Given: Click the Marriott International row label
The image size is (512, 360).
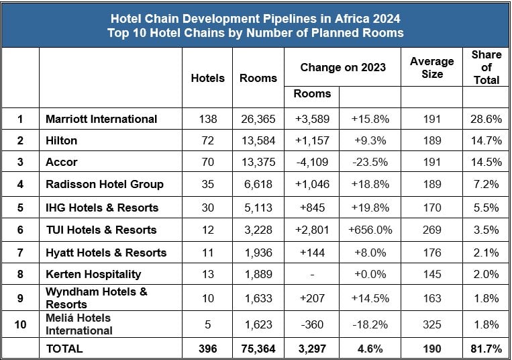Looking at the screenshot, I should (101, 119).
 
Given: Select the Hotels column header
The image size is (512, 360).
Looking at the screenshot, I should (207, 78).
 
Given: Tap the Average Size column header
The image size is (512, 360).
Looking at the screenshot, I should (431, 67).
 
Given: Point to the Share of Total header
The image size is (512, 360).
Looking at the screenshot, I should (486, 67).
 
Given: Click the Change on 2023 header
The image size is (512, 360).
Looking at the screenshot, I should (342, 67).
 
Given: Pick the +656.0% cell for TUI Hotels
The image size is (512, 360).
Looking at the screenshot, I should (370, 230).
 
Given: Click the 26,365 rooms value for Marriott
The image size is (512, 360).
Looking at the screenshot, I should (258, 119).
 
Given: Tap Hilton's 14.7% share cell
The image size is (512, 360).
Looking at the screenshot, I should (486, 140).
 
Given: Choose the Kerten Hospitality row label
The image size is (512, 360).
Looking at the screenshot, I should (93, 273).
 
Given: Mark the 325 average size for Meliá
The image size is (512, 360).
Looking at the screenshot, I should (431, 324).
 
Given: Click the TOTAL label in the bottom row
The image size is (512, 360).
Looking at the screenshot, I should (64, 349).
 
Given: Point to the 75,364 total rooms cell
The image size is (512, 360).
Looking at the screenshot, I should (258, 349).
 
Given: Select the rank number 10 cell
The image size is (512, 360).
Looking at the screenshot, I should (20, 324).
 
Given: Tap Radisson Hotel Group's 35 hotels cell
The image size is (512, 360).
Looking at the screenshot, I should (207, 184).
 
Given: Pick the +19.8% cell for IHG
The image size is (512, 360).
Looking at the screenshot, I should (370, 207).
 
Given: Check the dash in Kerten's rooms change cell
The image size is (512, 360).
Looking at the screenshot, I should (313, 273).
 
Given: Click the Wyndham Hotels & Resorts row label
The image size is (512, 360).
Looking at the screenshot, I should (96, 298).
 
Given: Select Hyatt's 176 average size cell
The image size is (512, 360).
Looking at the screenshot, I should (431, 253).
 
